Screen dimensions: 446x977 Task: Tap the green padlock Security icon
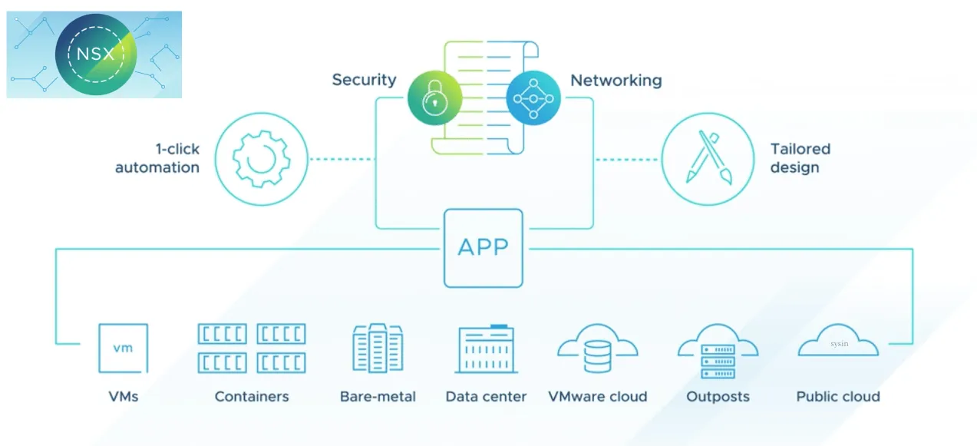(x=434, y=97)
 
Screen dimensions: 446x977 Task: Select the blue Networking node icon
(x=533, y=97)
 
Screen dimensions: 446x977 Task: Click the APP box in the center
(x=483, y=248)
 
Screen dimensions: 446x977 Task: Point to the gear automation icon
(x=260, y=160)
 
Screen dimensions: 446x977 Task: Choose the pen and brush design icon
(x=708, y=160)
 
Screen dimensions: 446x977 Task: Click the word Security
(x=364, y=80)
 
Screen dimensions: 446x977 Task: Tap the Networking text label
(x=616, y=80)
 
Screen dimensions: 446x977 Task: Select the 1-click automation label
(x=157, y=158)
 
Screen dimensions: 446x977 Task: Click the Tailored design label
(x=800, y=158)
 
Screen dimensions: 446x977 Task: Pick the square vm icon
(x=123, y=348)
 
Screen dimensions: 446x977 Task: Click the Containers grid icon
(x=252, y=348)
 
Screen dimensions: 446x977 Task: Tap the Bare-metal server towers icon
(x=378, y=348)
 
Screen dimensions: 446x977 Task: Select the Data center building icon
(x=486, y=349)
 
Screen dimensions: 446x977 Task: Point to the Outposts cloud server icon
(x=718, y=352)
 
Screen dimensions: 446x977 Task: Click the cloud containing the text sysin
(x=838, y=342)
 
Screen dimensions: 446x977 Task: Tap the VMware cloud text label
(x=597, y=397)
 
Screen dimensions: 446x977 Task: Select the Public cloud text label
(x=837, y=397)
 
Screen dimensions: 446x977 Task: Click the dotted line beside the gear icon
(x=342, y=160)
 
